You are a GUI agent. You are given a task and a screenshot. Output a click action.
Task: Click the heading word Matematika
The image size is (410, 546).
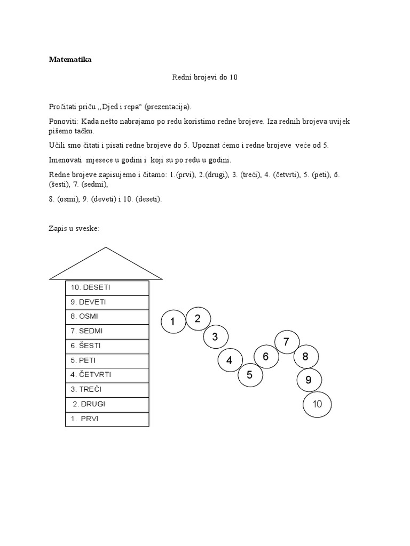coord(70,60)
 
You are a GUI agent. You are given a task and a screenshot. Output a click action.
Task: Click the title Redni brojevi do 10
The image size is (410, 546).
coord(204,77)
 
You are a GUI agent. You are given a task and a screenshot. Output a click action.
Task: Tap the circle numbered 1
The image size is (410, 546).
coord(173,322)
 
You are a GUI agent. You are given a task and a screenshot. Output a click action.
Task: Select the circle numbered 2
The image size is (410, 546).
coord(198,319)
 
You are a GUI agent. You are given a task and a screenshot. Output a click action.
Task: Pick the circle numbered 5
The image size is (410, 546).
coord(250,375)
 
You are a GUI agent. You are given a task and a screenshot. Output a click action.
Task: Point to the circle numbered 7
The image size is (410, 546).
coord(287,342)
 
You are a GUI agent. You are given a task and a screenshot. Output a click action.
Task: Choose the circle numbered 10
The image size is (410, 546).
coord(317,404)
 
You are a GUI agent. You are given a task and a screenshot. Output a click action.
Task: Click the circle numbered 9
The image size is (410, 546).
coord(309,380)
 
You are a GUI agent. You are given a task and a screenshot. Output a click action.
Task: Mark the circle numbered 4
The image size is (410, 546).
coord(230,360)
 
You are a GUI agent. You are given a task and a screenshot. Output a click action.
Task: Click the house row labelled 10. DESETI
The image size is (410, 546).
coord(107,287)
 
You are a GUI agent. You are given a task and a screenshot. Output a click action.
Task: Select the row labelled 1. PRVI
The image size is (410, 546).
coord(107,419)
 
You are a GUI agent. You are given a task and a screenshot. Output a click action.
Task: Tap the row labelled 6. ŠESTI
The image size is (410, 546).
coord(107,346)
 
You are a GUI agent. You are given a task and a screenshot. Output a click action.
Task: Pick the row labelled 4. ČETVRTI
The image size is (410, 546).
coord(107,375)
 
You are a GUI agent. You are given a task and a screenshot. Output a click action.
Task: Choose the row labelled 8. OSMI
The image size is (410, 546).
coord(107,317)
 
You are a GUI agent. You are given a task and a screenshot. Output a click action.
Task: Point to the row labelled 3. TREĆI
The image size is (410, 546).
coord(107,390)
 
